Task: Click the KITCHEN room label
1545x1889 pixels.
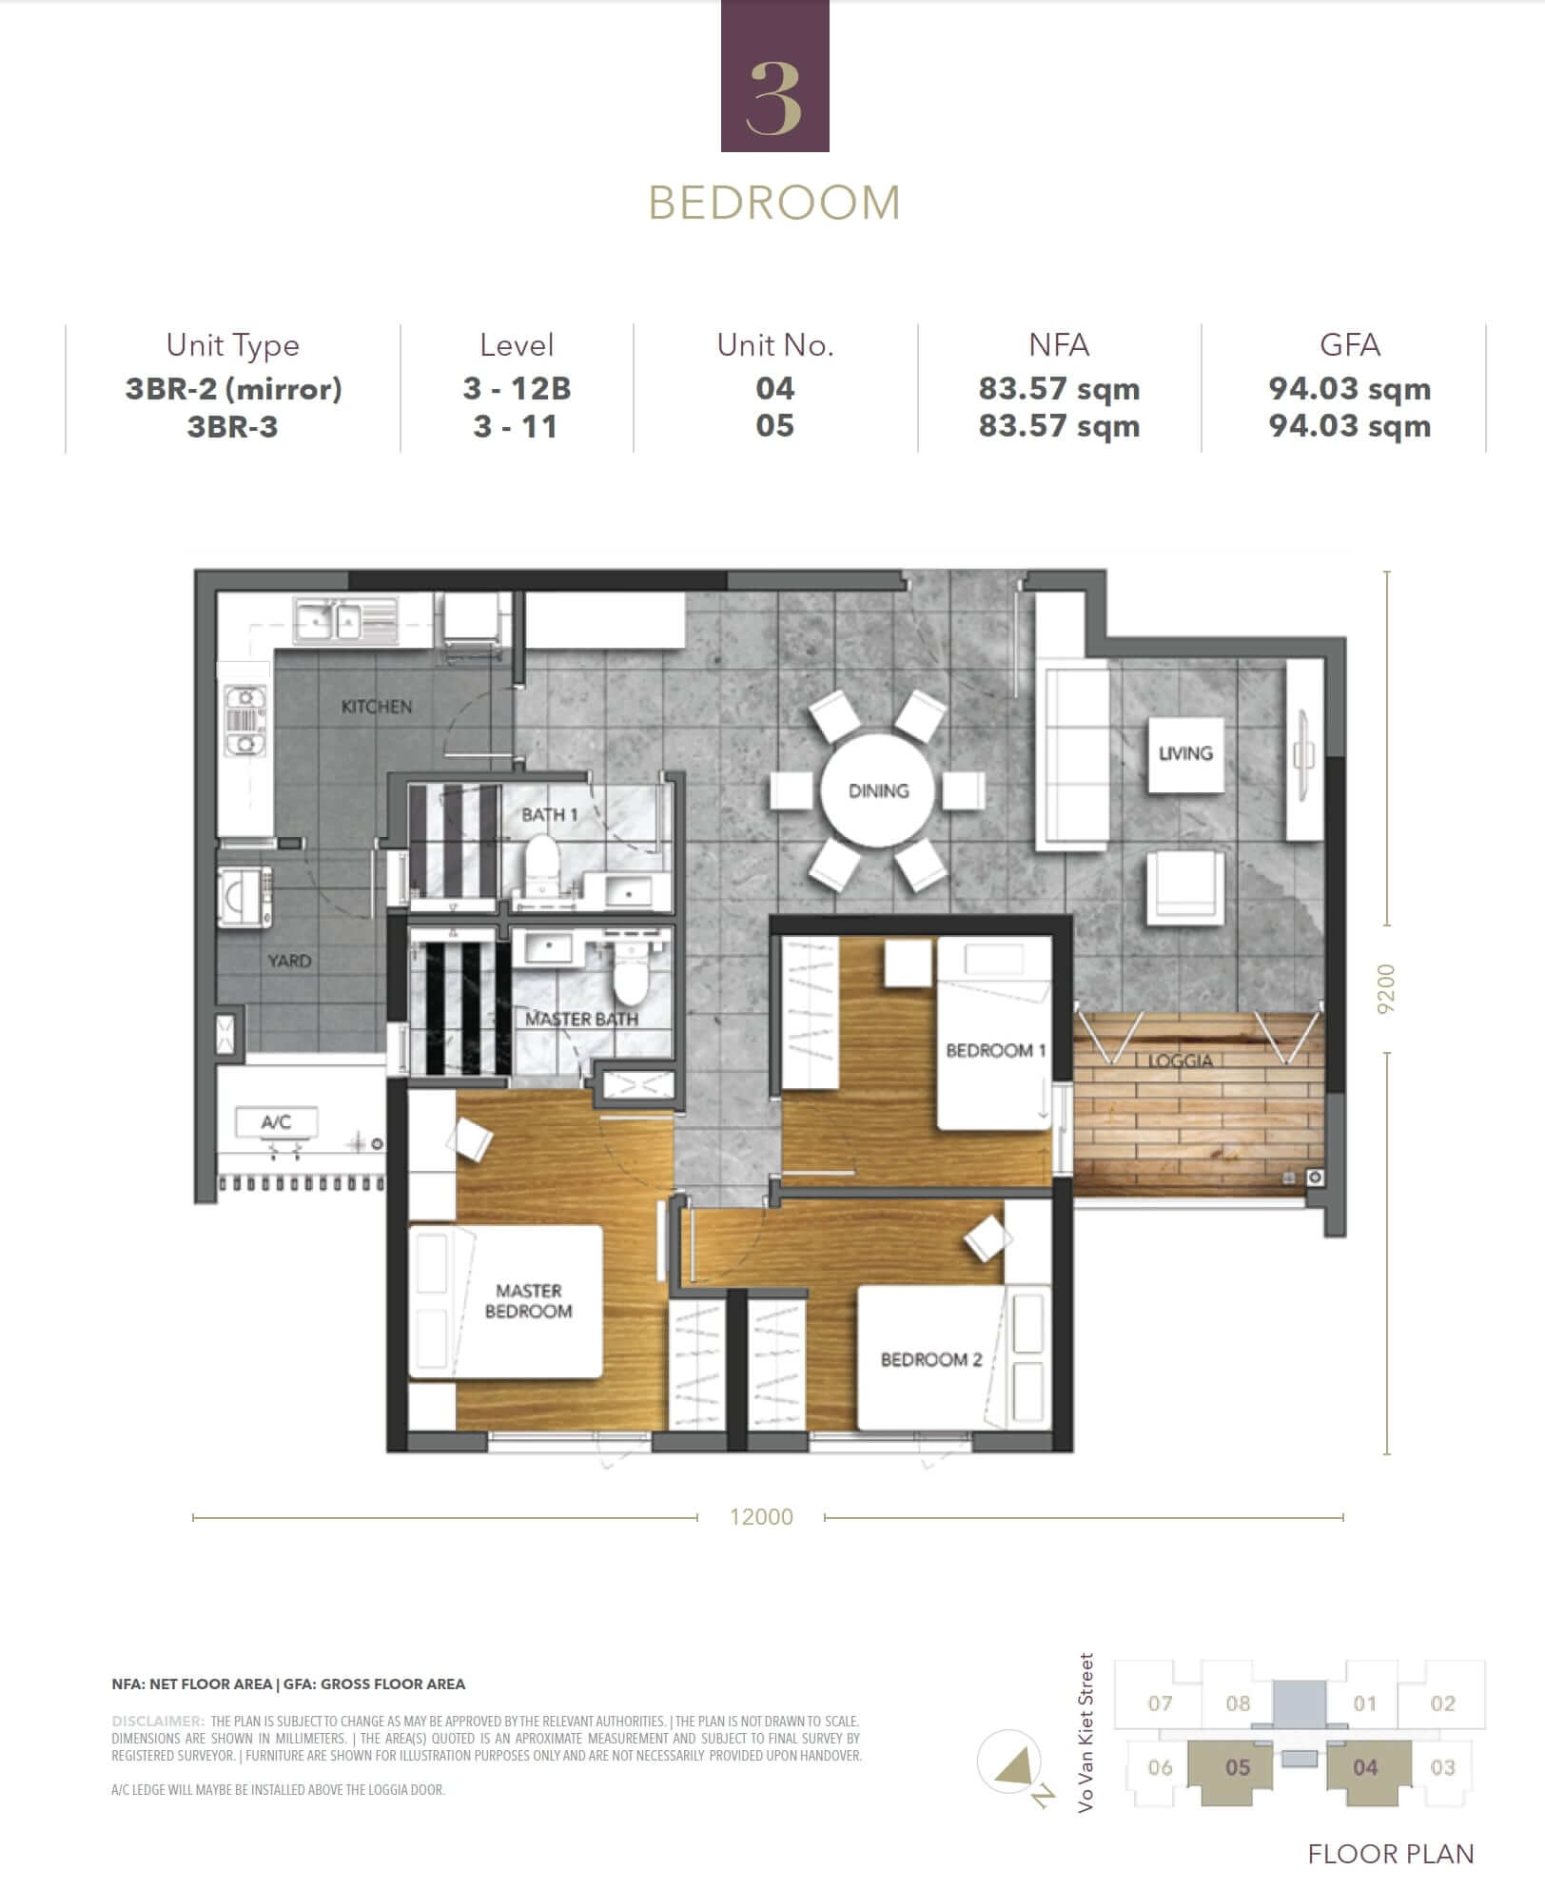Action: tap(377, 707)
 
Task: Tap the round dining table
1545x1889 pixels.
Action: tap(879, 790)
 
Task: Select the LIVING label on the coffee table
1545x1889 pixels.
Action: tap(1185, 753)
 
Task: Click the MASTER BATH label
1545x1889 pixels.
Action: tap(581, 1019)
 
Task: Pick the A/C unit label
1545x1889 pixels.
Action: tap(276, 1122)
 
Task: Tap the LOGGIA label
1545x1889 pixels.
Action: tap(1181, 1061)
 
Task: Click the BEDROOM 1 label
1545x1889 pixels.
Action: tap(996, 1050)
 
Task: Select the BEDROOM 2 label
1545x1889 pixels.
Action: tap(931, 1359)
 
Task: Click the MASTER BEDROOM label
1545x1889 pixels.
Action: tap(529, 1301)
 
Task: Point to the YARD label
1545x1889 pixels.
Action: tap(289, 961)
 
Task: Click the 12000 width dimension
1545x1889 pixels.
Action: tap(761, 1516)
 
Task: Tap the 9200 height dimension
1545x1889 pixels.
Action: tap(1386, 989)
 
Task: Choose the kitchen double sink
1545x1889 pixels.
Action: tap(325, 620)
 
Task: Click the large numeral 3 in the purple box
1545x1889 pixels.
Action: tap(774, 98)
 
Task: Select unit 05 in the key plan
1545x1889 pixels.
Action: tap(1238, 1767)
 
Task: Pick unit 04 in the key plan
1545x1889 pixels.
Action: tap(1365, 1767)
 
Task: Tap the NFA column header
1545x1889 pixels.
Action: tap(1059, 344)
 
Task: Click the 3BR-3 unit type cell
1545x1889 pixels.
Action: tap(233, 426)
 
